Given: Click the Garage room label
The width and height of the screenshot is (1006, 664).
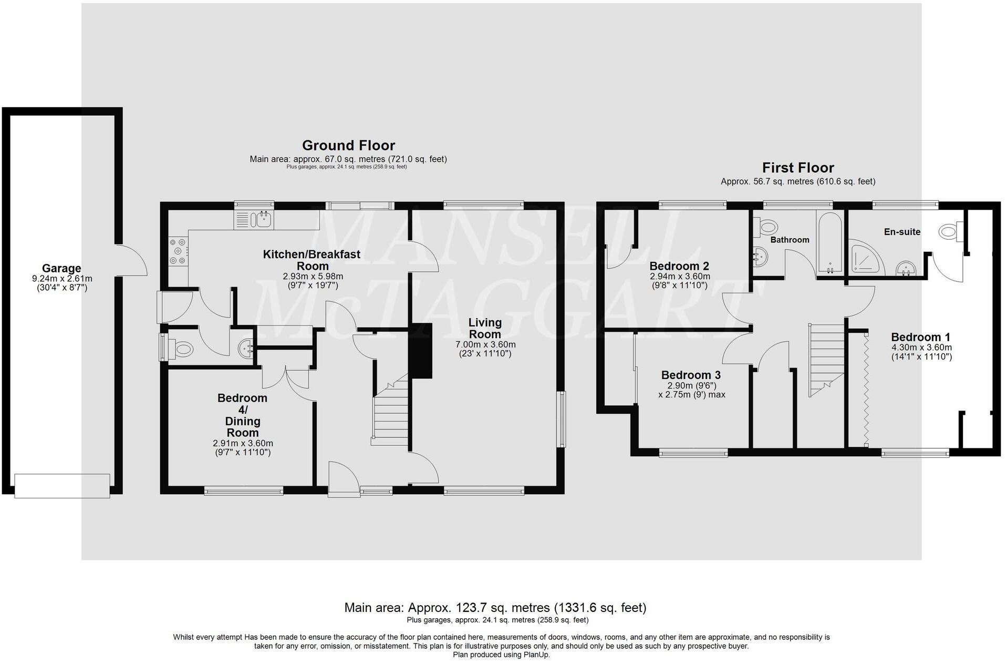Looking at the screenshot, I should (x=61, y=268).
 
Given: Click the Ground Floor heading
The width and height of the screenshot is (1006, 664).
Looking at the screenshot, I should (x=348, y=145).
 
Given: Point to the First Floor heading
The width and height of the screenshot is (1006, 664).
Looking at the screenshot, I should (x=797, y=168).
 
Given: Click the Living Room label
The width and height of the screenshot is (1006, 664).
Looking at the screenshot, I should (x=485, y=328).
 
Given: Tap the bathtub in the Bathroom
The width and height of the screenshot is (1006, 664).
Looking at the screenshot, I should (x=830, y=241).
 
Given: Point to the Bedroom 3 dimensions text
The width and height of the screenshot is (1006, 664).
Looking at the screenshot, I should (x=691, y=390).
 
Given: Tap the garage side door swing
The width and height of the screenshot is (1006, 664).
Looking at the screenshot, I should (x=132, y=260).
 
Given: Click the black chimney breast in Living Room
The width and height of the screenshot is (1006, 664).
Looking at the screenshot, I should (x=421, y=350).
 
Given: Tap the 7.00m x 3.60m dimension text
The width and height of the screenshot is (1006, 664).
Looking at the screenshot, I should (x=485, y=344).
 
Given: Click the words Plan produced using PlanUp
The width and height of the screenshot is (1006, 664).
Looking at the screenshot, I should (x=501, y=655).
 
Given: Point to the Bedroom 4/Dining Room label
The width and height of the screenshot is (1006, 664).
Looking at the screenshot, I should (x=242, y=415).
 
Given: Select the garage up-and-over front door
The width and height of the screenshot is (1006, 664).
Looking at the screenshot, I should (x=62, y=486).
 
